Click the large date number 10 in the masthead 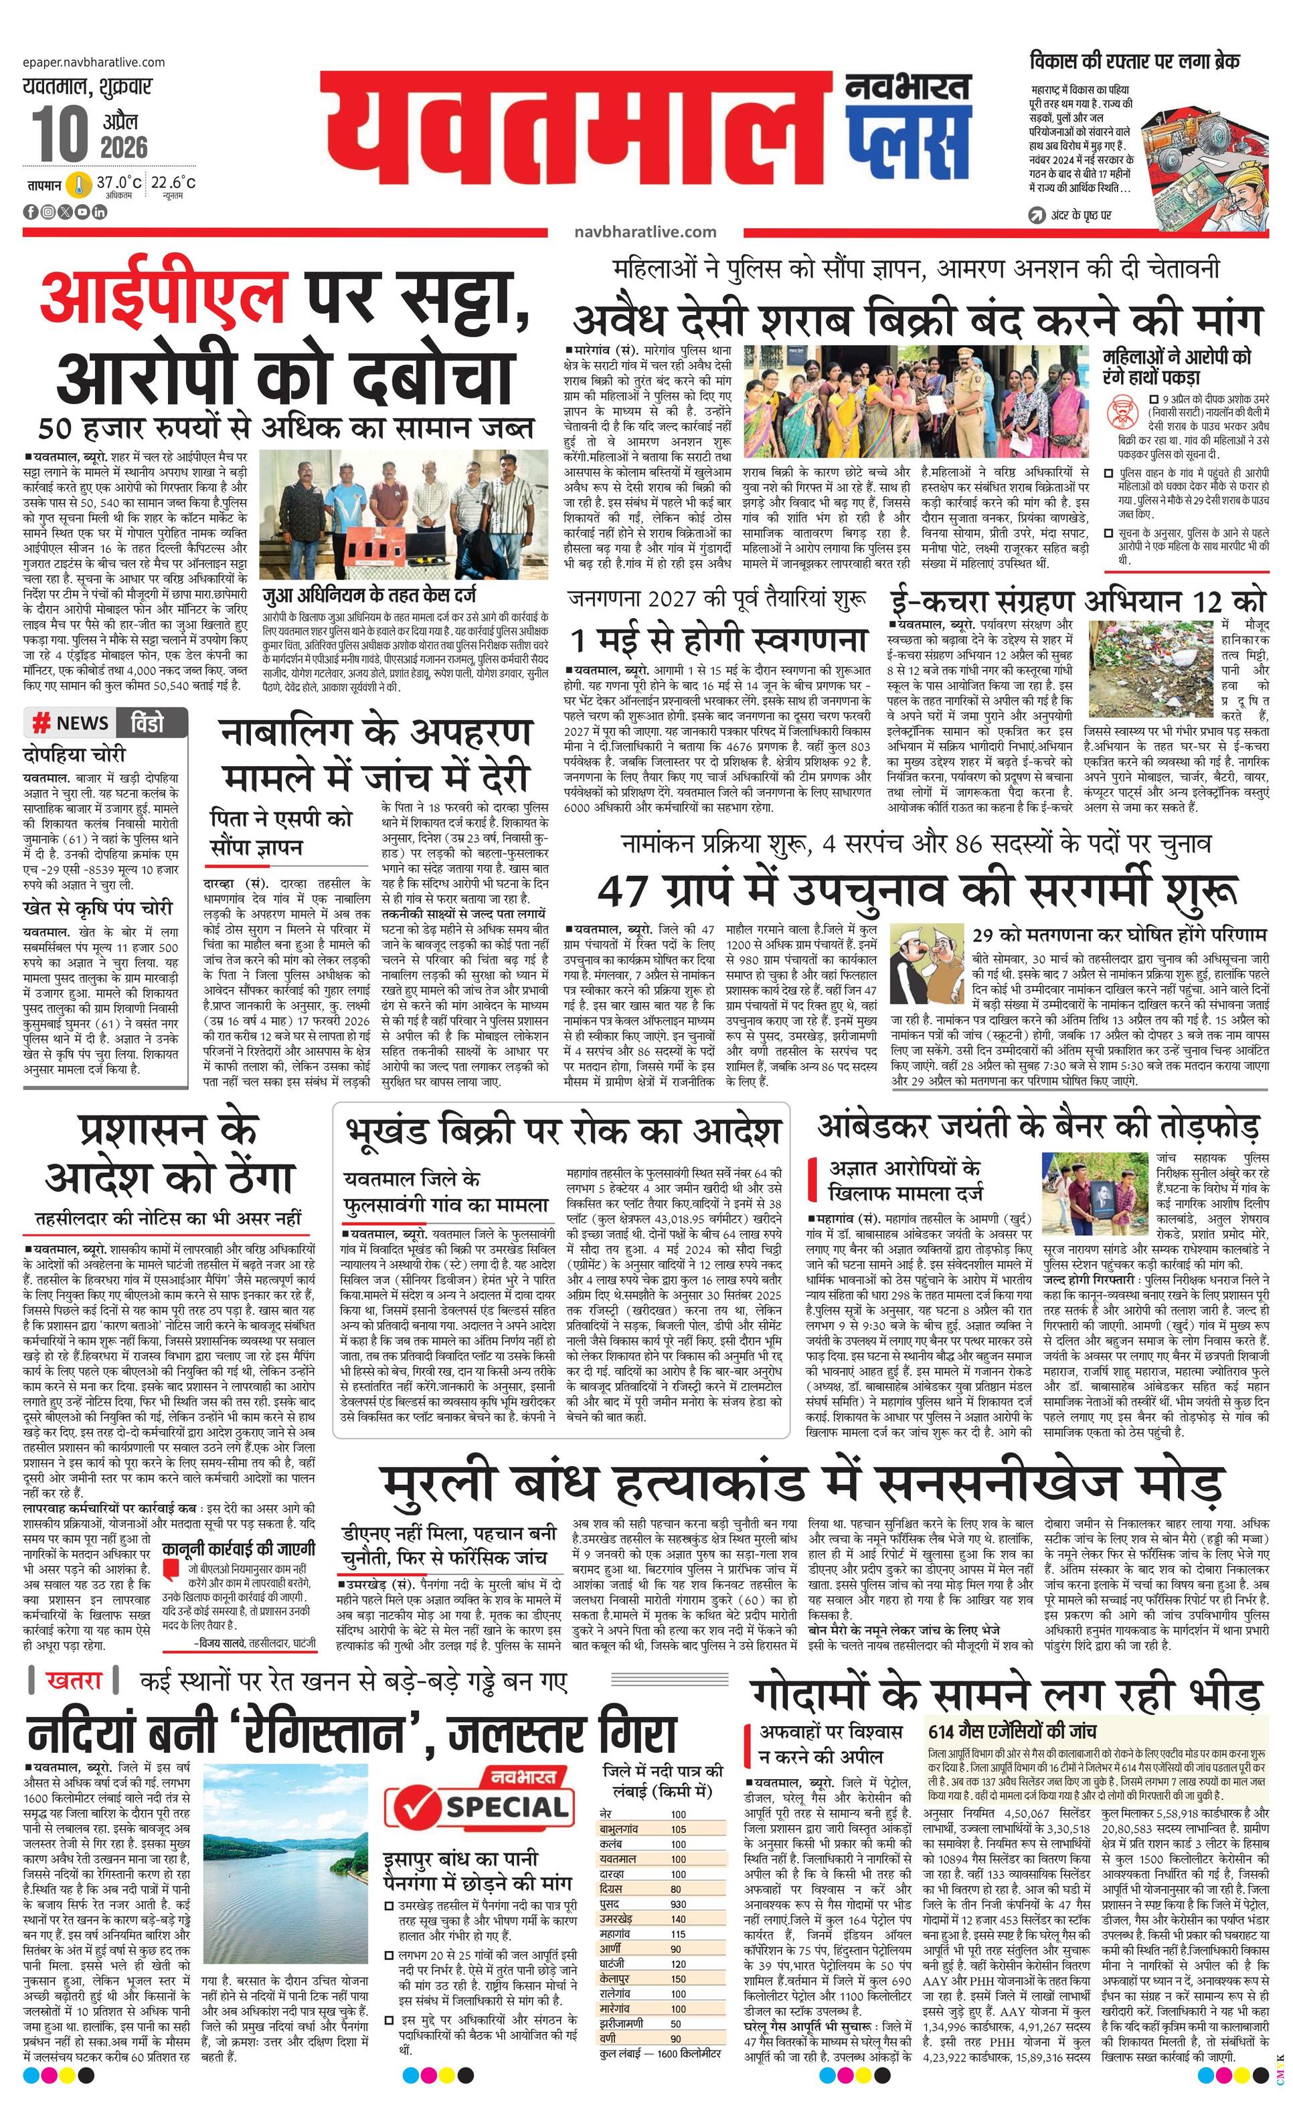tap(60, 134)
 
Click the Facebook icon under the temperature tap(31, 212)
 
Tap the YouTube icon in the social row tap(82, 212)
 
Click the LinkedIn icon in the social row tap(99, 212)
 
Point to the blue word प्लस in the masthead tap(907, 142)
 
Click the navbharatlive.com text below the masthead tap(644, 231)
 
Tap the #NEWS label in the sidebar tap(72, 722)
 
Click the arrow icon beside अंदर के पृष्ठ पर tap(1037, 215)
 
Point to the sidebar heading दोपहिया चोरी tap(74, 755)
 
